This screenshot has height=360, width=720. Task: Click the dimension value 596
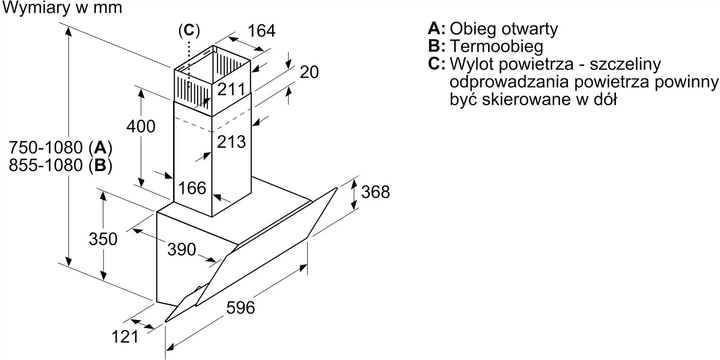click(x=241, y=308)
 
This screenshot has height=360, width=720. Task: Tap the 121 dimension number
click(x=125, y=337)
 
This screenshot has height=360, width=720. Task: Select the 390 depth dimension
click(x=181, y=250)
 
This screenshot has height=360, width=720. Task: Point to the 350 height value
click(x=103, y=239)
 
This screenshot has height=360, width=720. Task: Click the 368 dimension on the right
click(x=375, y=192)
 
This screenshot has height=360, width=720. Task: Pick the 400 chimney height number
click(x=141, y=126)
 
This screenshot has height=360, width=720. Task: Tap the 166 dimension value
click(x=192, y=188)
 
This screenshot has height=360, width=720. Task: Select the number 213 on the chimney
click(x=231, y=142)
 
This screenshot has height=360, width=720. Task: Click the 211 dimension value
click(x=231, y=89)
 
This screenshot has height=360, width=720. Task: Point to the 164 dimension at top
click(x=262, y=31)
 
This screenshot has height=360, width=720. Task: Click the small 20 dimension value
click(x=309, y=72)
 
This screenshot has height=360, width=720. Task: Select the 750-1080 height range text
click(x=45, y=148)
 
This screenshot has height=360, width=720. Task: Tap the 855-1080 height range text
click(x=45, y=165)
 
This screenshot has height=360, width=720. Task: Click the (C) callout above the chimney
click(x=189, y=30)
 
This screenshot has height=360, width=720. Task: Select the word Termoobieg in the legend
click(x=497, y=46)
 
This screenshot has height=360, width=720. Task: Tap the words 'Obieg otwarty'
click(x=504, y=29)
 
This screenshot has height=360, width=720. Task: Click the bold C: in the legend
click(x=437, y=64)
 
